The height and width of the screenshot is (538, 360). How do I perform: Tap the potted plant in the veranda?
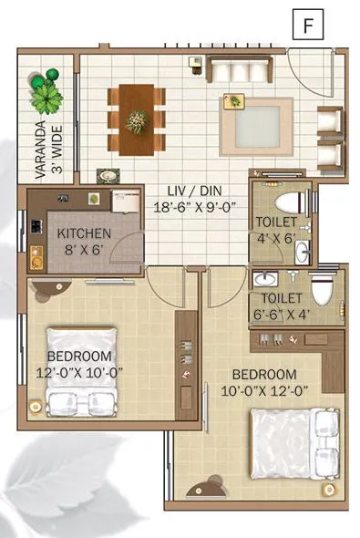[45, 92]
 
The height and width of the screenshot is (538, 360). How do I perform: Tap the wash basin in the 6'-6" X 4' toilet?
[265, 278]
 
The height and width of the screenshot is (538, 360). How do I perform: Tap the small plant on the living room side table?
[233, 101]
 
